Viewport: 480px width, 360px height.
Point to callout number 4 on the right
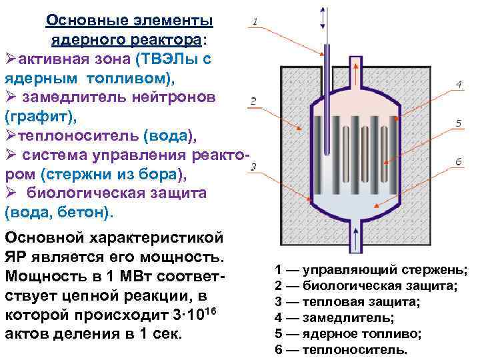click(459, 84)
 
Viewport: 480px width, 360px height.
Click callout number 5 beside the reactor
click(459, 123)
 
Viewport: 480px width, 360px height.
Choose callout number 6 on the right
click(459, 162)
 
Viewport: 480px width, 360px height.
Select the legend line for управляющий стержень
click(371, 270)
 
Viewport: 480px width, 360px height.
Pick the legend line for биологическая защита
click(365, 286)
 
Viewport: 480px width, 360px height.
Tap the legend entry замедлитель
click(334, 318)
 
